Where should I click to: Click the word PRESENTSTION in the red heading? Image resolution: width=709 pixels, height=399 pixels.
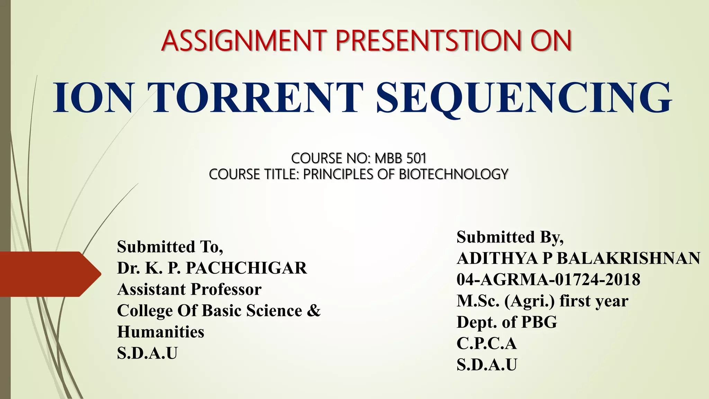point(429,41)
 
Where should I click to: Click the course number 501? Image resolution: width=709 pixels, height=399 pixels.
point(416,158)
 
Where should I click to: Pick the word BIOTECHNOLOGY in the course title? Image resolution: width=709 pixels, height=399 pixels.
point(454,174)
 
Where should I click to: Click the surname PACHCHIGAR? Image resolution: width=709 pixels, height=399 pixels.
point(246,268)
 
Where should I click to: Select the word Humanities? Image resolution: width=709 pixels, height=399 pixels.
point(161,332)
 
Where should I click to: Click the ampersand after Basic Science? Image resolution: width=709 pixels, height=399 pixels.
point(314,310)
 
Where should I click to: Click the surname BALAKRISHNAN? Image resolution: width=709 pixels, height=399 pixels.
point(628,258)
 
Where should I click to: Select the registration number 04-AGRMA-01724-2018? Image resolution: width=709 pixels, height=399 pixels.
point(548,280)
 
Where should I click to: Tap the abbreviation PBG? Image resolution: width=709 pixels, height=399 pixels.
point(539,322)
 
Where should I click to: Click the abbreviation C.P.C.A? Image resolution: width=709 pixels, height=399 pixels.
point(486,343)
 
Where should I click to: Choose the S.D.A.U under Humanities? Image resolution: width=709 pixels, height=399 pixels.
point(147,353)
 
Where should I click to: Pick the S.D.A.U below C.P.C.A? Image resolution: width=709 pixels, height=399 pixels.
point(486,365)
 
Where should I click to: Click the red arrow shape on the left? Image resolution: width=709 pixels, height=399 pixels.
point(48,274)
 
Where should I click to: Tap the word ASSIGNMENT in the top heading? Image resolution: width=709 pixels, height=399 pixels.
point(244,41)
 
